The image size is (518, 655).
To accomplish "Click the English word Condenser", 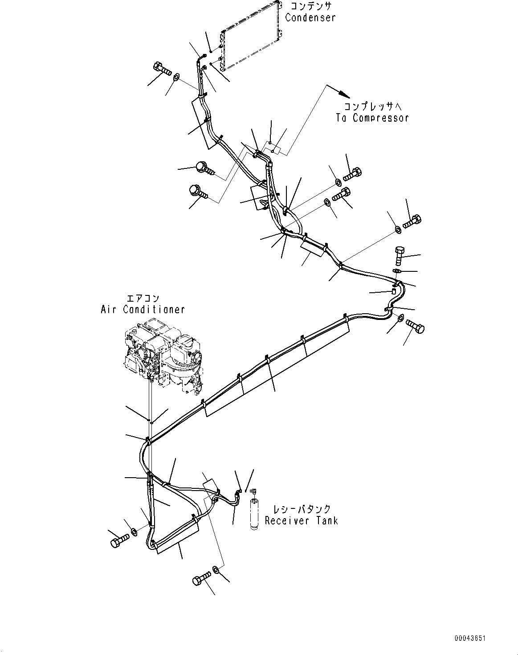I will [310, 18].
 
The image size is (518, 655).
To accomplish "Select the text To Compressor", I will [372, 118].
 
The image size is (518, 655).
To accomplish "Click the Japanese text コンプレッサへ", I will [372, 106].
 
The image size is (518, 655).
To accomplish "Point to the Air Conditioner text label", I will [143, 309].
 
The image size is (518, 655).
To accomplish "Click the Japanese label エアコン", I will [143, 298].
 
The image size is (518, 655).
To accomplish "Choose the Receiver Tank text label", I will [301, 520].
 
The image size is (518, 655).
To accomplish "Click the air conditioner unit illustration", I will [163, 352].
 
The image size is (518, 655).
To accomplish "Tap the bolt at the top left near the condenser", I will [162, 70].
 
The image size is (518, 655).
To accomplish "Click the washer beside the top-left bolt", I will [176, 78].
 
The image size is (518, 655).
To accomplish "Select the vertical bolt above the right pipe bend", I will [399, 255].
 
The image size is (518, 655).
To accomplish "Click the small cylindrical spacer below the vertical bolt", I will [393, 292].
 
